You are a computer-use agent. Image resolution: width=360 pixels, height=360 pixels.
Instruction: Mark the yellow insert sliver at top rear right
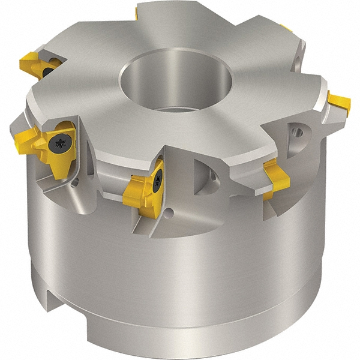pyautogui.click(x=287, y=28)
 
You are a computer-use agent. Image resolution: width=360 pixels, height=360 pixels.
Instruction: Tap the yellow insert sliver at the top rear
pyautogui.click(x=136, y=12)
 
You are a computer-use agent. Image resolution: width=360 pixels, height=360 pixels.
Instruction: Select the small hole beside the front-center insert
pyautogui.click(x=170, y=211)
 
